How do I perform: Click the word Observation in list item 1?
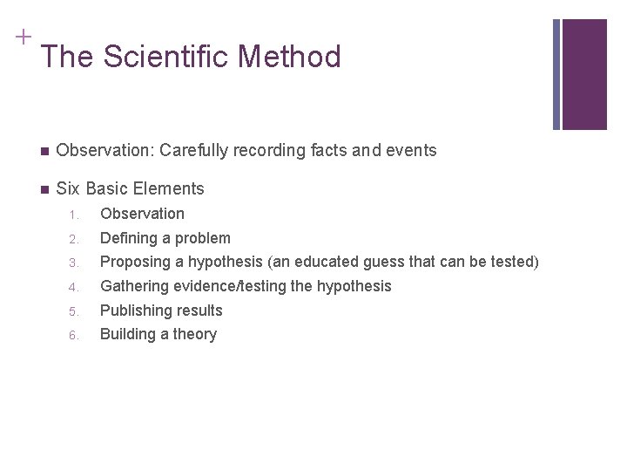click(x=142, y=214)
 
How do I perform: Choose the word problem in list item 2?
click(x=202, y=238)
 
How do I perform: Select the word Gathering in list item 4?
click(x=132, y=286)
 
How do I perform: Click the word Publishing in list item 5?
click(x=133, y=311)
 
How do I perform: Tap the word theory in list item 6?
click(x=194, y=334)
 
